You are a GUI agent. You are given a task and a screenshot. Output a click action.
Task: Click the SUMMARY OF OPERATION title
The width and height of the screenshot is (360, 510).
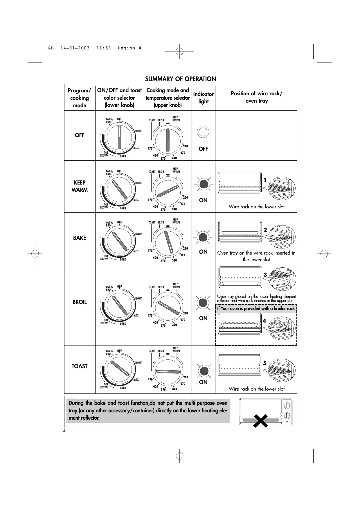180,79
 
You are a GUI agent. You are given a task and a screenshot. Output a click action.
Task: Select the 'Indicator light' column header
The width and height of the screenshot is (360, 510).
203,98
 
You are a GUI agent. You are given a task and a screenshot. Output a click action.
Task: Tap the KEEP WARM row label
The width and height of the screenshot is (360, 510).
80,186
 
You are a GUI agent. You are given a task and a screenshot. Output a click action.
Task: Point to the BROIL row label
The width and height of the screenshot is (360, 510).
80,302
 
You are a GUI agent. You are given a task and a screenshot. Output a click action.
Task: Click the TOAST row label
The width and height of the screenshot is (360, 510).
80,366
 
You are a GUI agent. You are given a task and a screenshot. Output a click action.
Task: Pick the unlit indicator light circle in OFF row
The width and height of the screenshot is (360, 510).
203,132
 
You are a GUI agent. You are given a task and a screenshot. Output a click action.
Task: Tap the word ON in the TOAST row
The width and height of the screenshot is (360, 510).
203,382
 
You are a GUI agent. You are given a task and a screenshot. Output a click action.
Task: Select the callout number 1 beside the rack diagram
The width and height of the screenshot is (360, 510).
265,180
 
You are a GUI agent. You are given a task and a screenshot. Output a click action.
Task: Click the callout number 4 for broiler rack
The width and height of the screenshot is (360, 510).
264,321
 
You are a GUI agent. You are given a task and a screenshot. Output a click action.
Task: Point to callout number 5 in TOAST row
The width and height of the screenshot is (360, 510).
264,363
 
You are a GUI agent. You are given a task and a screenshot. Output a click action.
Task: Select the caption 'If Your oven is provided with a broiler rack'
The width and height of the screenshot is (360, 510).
256,308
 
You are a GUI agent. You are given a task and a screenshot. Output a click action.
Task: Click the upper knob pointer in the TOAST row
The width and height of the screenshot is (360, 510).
168,371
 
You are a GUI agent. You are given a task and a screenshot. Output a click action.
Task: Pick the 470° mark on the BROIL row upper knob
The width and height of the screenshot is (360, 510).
150,315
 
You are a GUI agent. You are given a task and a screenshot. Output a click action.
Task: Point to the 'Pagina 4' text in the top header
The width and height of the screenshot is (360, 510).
129,48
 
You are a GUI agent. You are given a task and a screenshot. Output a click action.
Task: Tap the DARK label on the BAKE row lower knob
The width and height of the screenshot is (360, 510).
123,260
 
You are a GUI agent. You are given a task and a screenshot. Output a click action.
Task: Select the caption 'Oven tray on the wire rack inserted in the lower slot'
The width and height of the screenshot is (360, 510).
256,256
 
